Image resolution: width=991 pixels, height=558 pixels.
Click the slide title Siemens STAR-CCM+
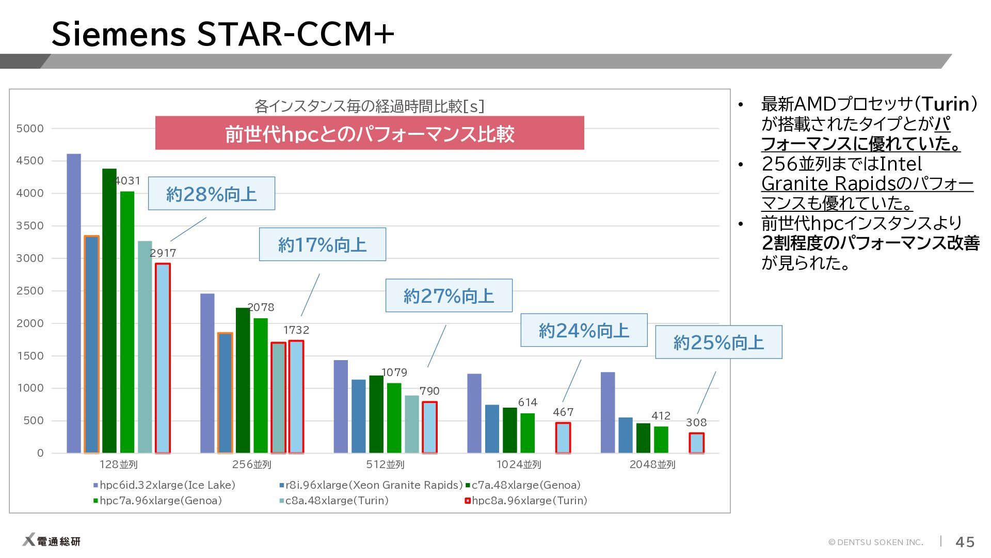[223, 34]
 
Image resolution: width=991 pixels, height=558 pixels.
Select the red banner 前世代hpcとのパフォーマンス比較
[370, 133]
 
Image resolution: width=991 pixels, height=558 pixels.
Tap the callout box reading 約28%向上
[212, 194]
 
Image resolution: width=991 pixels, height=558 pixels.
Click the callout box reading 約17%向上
[323, 244]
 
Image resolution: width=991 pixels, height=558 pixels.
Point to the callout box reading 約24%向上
[584, 330]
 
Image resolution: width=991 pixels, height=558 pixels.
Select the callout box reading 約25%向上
[718, 342]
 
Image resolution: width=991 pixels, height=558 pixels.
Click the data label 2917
[163, 253]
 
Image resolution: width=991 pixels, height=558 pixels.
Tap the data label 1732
[296, 330]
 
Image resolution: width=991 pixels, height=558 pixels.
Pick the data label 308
[696, 423]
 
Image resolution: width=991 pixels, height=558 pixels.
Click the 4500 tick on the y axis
[30, 161]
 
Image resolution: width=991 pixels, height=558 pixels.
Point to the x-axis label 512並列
[385, 464]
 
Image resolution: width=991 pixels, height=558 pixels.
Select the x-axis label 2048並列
[652, 464]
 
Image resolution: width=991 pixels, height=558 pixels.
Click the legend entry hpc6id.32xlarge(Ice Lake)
[164, 485]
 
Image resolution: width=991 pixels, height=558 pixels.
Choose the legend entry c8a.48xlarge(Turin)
[334, 501]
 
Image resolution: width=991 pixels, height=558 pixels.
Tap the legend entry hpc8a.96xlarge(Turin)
[526, 501]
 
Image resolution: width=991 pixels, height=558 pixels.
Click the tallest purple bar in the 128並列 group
[74, 303]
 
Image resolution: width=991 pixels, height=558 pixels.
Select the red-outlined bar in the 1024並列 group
[563, 438]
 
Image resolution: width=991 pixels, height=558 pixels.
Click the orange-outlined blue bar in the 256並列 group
[225, 393]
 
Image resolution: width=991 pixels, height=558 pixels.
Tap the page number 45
[965, 542]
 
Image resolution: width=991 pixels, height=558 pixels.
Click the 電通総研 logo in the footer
[52, 541]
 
